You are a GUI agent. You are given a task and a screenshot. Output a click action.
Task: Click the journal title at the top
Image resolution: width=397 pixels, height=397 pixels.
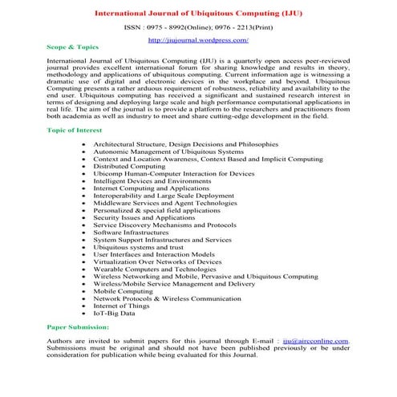pos(198,13)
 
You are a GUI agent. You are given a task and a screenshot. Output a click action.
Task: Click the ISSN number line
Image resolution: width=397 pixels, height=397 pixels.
pos(198,26)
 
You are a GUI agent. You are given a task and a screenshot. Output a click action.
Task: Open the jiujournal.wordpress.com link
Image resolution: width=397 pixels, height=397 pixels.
pos(198,38)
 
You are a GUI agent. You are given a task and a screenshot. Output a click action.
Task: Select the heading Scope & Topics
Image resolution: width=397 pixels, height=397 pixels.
pos(70,47)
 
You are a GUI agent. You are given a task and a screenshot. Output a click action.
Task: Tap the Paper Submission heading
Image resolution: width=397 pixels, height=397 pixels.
pos(78,327)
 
